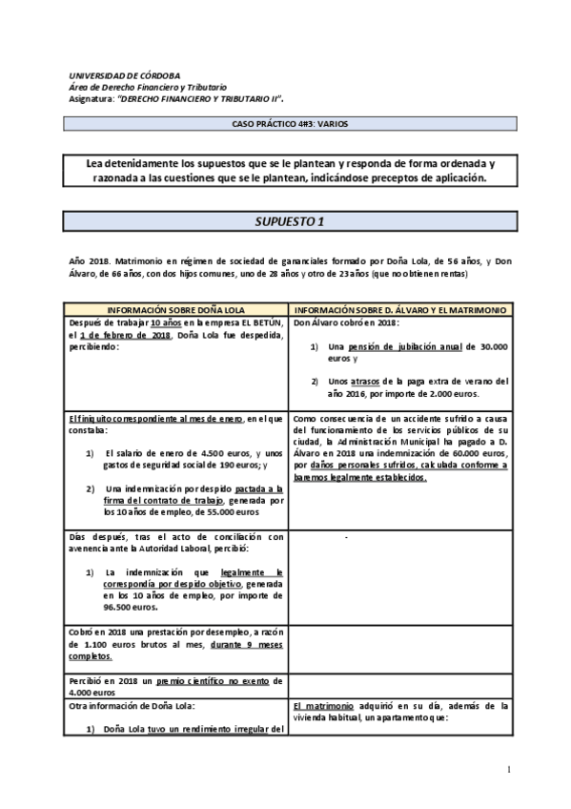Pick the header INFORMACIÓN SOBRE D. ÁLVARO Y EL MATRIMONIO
[399, 311]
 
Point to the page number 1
[511, 770]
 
